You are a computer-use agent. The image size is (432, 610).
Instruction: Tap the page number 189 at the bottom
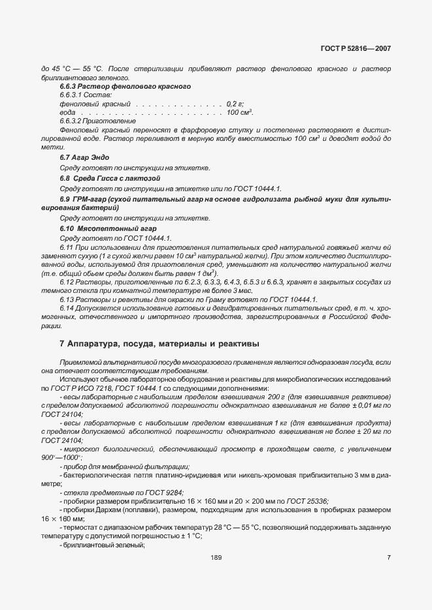(216, 557)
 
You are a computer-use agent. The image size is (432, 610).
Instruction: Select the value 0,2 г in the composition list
(235, 104)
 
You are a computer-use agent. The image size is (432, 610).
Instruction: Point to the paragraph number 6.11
(66, 249)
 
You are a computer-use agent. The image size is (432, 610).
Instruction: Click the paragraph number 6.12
(66, 281)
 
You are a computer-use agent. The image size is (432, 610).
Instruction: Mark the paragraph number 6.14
(66, 307)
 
